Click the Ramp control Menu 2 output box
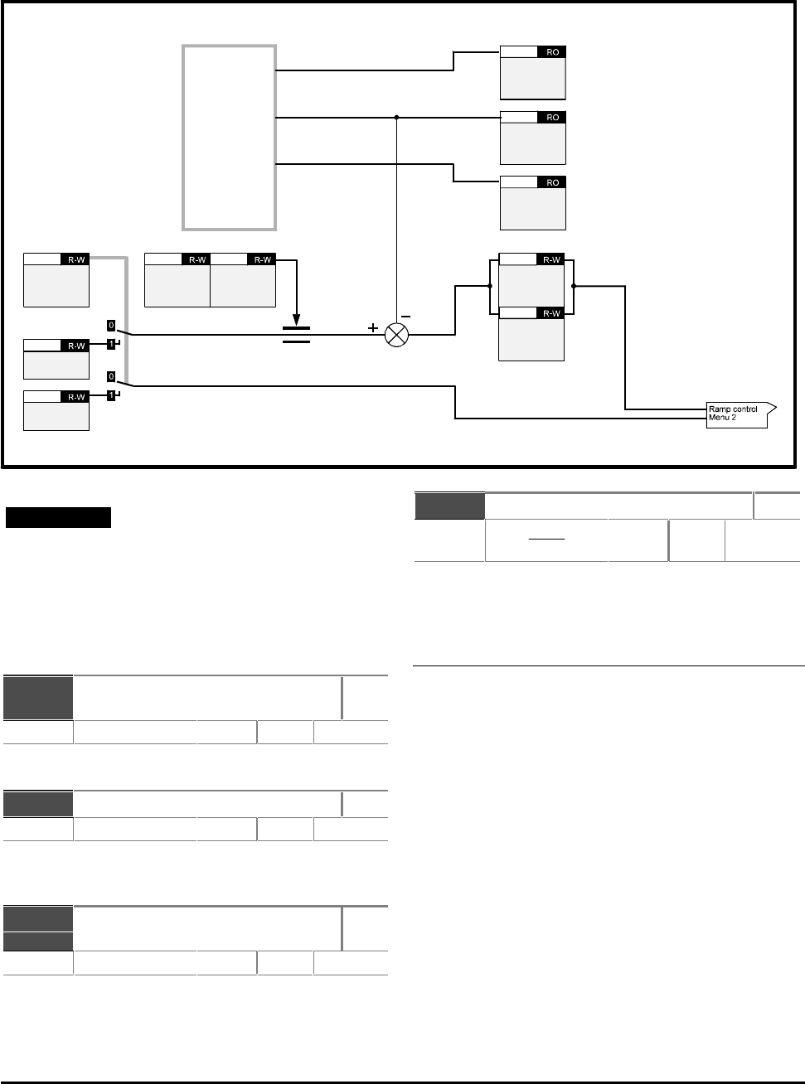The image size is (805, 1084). click(x=739, y=415)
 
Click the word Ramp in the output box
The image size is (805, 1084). click(x=719, y=409)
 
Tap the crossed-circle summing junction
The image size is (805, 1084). click(x=396, y=336)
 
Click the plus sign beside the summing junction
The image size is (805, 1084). click(x=373, y=328)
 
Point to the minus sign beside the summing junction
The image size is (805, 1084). click(x=406, y=317)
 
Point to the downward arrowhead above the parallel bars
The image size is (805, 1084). click(x=296, y=320)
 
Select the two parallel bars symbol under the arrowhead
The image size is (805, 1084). click(x=296, y=335)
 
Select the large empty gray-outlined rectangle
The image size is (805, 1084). click(x=182, y=138)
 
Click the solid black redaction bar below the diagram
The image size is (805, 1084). click(x=58, y=518)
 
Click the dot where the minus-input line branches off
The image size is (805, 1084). click(x=396, y=118)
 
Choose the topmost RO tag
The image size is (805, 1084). click(x=552, y=52)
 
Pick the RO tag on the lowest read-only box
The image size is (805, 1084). click(x=552, y=182)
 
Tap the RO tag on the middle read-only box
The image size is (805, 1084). click(x=552, y=118)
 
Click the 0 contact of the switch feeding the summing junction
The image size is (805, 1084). click(x=111, y=325)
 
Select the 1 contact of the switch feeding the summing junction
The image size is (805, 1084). click(x=111, y=344)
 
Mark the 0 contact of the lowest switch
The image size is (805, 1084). click(x=111, y=376)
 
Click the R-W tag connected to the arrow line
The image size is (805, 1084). click(x=262, y=259)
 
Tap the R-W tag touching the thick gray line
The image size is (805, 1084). click(x=75, y=259)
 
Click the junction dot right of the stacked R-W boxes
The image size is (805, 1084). click(x=574, y=286)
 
